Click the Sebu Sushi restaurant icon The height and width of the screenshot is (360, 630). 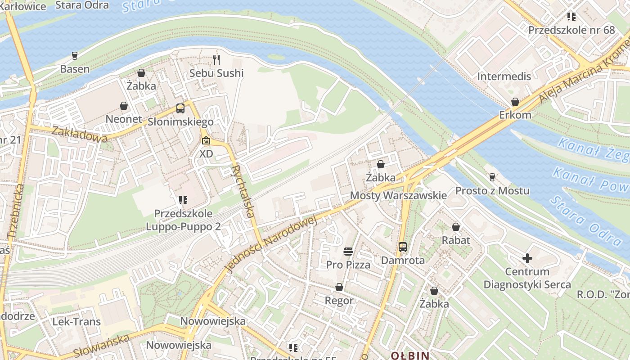point(217,59)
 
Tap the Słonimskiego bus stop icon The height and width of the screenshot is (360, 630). point(180,108)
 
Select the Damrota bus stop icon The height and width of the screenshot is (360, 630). point(403,247)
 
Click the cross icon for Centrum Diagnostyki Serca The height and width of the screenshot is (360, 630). point(527,258)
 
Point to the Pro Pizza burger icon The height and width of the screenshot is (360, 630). point(348,251)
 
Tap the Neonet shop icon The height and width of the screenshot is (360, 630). point(124,106)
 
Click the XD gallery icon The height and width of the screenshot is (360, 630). point(206,140)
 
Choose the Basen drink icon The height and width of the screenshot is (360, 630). point(75,56)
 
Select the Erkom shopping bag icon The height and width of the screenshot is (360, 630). point(515,102)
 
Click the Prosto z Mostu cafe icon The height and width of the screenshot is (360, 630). point(492,177)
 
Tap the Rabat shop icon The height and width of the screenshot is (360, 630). point(456,227)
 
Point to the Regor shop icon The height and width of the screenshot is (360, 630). point(339,287)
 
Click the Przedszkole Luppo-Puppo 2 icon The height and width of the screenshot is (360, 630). point(183,200)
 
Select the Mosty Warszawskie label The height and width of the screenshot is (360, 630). point(398,195)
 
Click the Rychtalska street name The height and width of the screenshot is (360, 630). point(243,191)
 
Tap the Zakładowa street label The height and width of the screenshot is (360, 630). point(79,134)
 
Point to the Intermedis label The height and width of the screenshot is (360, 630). point(504,76)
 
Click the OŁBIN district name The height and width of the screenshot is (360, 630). point(409,355)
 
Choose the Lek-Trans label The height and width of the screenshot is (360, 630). point(76,322)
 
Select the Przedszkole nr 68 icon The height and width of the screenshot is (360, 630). point(571,17)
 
